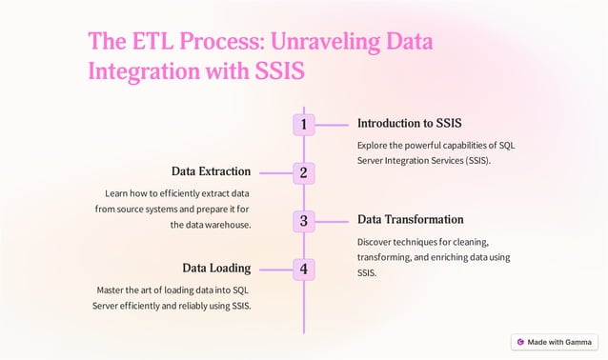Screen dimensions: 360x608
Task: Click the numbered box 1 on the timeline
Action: coord(303,124)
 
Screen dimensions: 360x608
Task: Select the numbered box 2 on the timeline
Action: coord(303,172)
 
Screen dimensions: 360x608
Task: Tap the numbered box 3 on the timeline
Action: coord(303,221)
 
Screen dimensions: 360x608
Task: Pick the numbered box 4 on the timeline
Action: coord(303,269)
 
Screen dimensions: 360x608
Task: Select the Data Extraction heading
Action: coord(211,171)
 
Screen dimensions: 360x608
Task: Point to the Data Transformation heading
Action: coord(410,220)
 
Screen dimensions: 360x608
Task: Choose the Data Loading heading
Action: coord(216,268)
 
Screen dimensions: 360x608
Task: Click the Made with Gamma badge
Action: coord(555,342)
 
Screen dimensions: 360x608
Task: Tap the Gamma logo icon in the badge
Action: coord(520,342)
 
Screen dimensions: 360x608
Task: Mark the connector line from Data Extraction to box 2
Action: coord(273,172)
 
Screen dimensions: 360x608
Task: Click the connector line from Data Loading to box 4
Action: coord(273,269)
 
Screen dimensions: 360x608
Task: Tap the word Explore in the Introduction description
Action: coord(374,146)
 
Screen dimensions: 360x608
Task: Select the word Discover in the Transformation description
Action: coord(376,242)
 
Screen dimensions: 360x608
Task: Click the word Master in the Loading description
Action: coord(112,290)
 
